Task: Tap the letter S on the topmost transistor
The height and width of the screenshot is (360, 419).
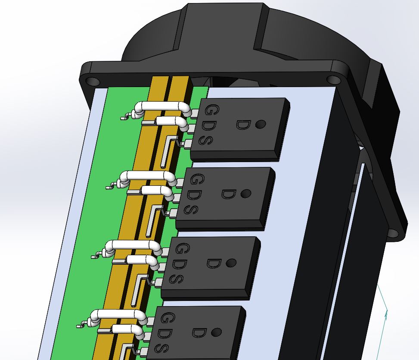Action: click(x=206, y=140)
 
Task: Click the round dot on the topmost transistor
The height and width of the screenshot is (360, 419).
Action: click(x=260, y=125)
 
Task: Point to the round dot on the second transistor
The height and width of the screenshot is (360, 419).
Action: click(x=245, y=194)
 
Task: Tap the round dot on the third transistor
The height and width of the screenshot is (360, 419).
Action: click(x=231, y=263)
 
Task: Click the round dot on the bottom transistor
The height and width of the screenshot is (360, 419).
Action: click(x=216, y=332)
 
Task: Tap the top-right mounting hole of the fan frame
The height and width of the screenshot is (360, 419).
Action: click(x=333, y=79)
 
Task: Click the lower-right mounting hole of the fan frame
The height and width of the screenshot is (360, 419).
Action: click(x=392, y=233)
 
